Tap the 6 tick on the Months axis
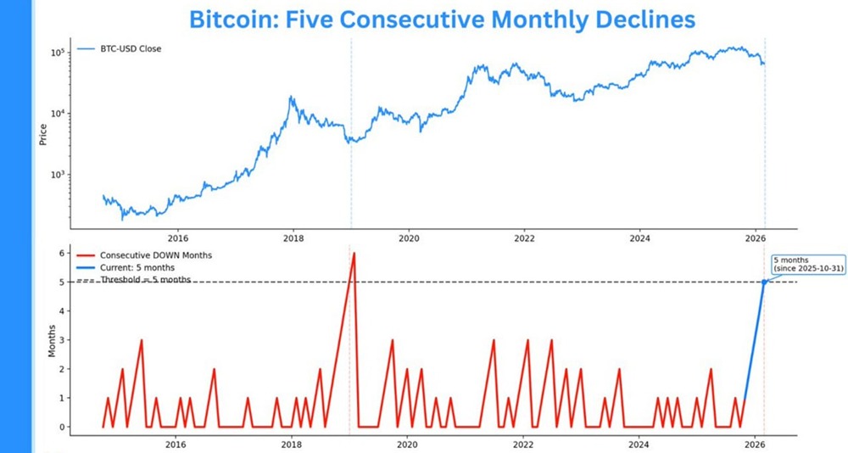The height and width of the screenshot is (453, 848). pos(60,253)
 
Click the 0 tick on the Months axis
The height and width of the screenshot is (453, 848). pos(60,427)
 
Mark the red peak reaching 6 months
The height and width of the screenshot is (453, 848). pos(354,254)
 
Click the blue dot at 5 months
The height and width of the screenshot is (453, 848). pos(764,282)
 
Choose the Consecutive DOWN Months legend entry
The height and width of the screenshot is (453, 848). pos(144,255)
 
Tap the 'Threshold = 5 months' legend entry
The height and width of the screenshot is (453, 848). pos(145,279)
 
